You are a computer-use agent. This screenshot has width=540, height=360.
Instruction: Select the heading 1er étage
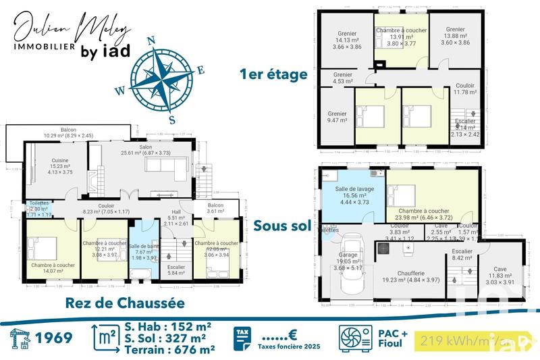tap(273, 74)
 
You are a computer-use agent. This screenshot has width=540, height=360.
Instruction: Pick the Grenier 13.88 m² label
tap(455, 36)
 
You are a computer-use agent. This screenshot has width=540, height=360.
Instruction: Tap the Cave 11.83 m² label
tap(500, 274)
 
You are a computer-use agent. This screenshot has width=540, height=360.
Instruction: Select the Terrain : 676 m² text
tap(169, 349)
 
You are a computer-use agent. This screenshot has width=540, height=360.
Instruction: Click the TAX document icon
tap(243, 338)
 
